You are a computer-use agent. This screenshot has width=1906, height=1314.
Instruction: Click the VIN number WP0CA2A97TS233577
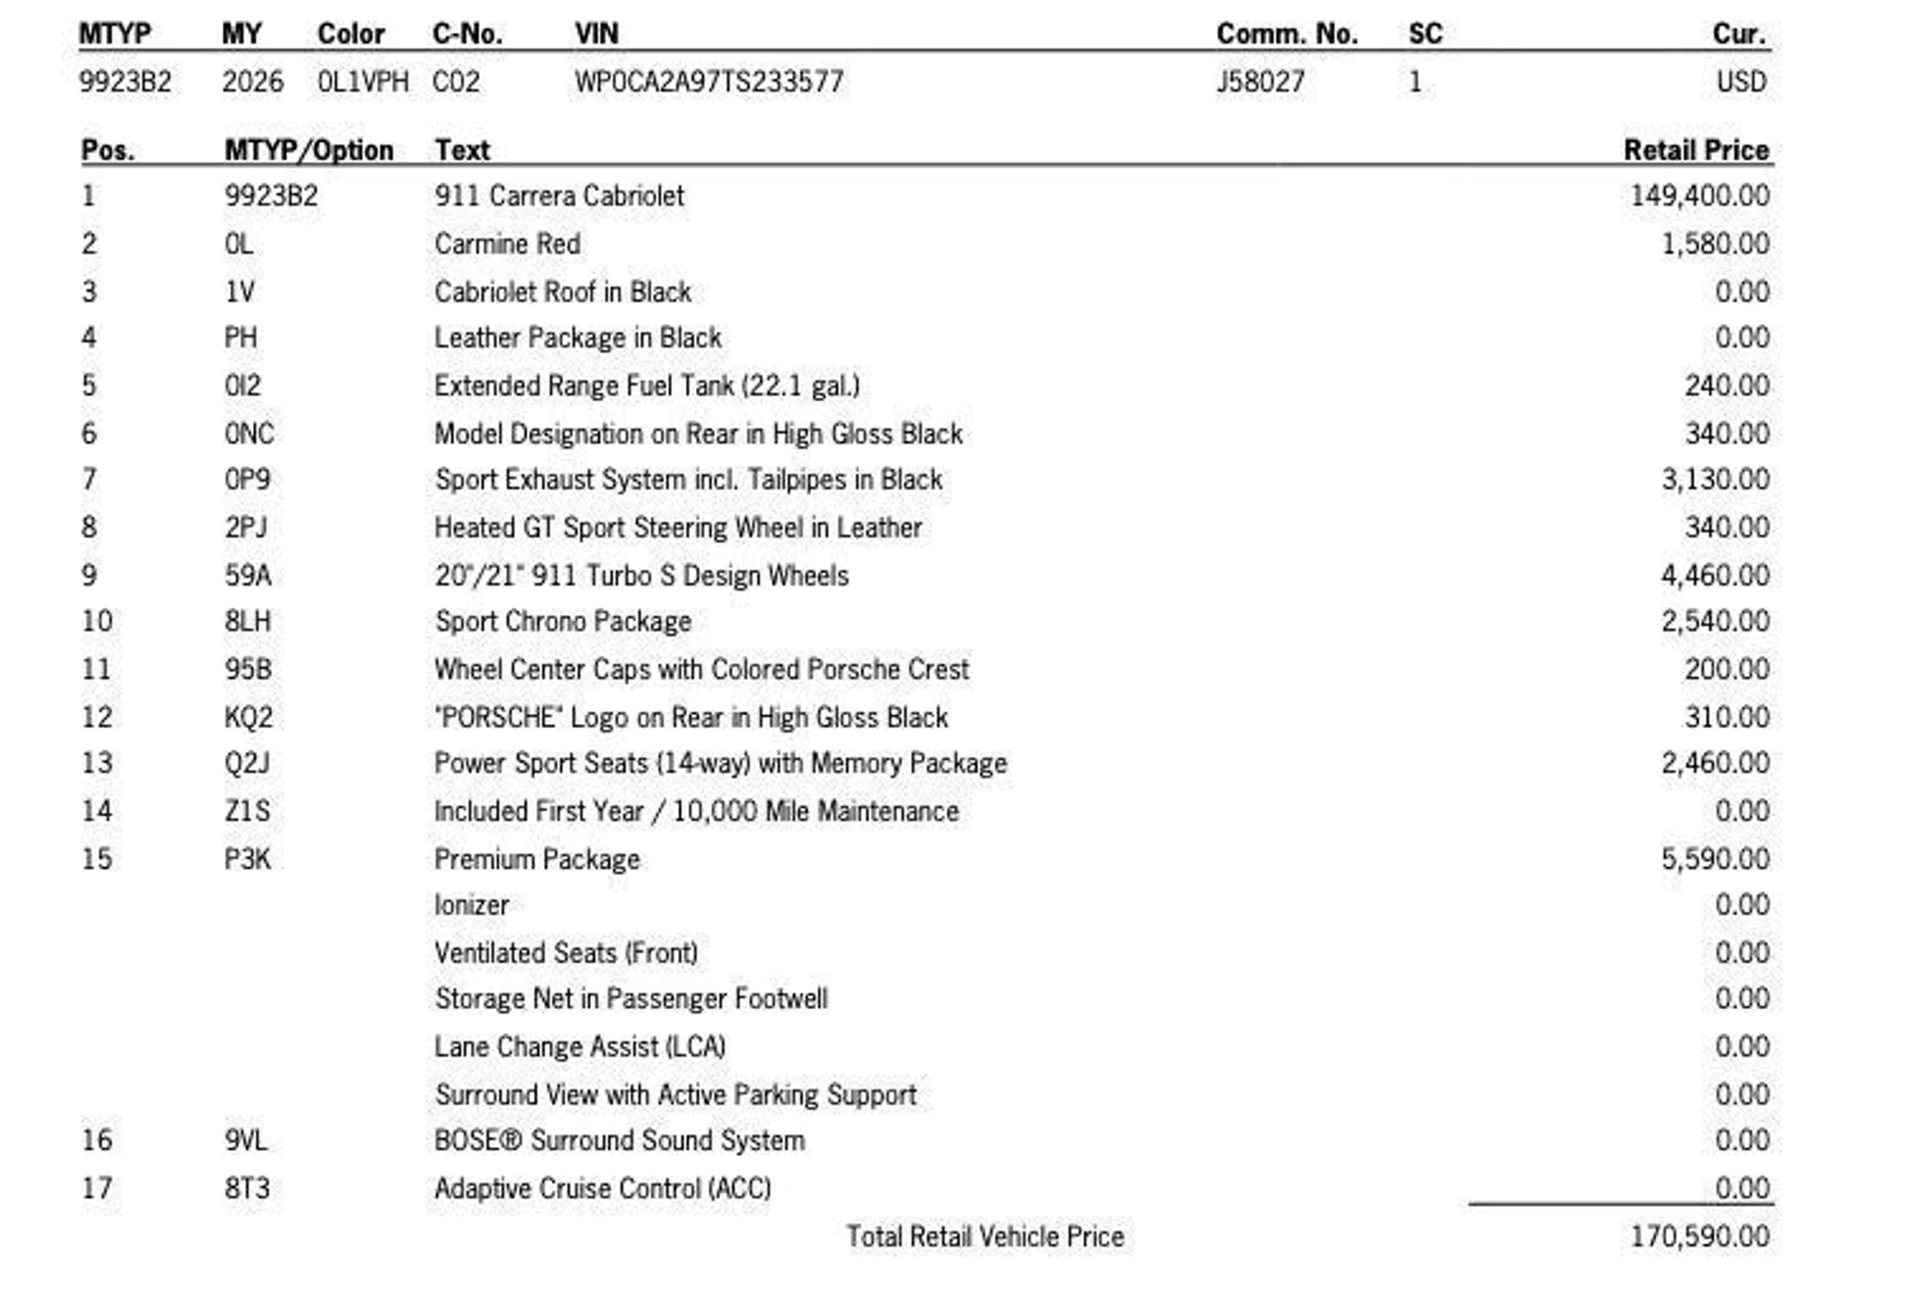tap(709, 81)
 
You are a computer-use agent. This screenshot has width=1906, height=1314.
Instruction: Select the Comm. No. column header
tap(1287, 34)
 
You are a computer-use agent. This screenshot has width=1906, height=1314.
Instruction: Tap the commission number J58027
tap(1261, 81)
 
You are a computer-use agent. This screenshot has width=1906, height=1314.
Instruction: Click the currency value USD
tap(1741, 81)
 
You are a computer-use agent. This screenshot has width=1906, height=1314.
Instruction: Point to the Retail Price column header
tap(1696, 150)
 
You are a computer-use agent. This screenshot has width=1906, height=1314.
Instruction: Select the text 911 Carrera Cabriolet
tap(559, 196)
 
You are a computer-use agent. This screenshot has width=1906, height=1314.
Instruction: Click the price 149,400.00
tap(1700, 196)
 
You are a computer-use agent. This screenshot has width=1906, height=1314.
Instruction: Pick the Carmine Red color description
tap(507, 243)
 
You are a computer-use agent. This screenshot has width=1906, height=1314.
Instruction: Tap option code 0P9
tap(247, 480)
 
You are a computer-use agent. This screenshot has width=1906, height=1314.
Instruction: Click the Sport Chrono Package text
tap(563, 622)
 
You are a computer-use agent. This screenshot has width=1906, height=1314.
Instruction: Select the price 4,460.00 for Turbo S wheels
tap(1714, 575)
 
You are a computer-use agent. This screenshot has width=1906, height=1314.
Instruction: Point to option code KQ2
tap(248, 717)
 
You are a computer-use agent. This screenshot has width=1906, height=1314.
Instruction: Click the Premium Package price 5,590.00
tap(1714, 859)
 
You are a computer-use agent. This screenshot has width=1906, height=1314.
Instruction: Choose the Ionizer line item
tap(472, 906)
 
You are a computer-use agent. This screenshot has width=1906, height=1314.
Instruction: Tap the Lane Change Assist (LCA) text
tap(580, 1047)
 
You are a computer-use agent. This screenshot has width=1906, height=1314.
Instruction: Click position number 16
tap(97, 1140)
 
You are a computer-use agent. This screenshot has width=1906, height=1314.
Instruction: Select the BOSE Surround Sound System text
tap(619, 1140)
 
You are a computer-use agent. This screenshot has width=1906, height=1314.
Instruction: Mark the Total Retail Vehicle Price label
tap(985, 1237)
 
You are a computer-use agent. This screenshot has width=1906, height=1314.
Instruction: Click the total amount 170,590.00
tap(1700, 1237)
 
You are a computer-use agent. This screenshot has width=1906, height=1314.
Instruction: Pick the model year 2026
tap(252, 81)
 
